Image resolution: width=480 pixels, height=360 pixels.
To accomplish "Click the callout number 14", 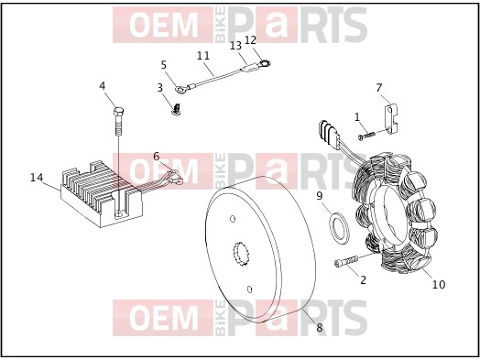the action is pyautogui.click(x=37, y=177).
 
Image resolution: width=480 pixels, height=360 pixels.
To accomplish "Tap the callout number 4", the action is pyautogui.click(x=103, y=86).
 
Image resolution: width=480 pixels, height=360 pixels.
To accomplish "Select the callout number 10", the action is pyautogui.click(x=439, y=285).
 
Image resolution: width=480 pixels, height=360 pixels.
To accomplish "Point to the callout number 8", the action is pyautogui.click(x=320, y=328).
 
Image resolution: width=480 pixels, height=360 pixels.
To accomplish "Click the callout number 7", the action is pyautogui.click(x=379, y=88).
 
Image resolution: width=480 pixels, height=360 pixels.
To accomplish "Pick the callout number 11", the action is pyautogui.click(x=203, y=56).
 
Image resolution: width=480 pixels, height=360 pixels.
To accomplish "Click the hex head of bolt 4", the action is pyautogui.click(x=118, y=111).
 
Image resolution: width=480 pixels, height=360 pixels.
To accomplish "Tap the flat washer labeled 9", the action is pyautogui.click(x=339, y=228).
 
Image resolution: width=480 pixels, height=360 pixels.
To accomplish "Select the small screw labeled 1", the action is pyautogui.click(x=366, y=136).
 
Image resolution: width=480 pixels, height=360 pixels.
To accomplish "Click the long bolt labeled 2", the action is pyautogui.click(x=346, y=262).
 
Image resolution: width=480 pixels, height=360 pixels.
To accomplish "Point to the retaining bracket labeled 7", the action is pyautogui.click(x=391, y=119).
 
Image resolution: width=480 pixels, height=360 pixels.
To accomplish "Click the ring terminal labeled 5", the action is pyautogui.click(x=180, y=89).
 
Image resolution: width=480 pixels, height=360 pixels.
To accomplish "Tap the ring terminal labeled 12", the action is pyautogui.click(x=264, y=64).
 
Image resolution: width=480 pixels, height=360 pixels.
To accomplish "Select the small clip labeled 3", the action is pyautogui.click(x=176, y=110).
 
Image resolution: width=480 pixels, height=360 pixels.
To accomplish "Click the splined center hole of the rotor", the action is pyautogui.click(x=240, y=254).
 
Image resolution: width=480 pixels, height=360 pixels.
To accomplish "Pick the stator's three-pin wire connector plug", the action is pyautogui.click(x=329, y=134).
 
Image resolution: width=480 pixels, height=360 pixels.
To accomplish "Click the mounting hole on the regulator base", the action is pyautogui.click(x=119, y=215).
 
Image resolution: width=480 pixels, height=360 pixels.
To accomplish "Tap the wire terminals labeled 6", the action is pyautogui.click(x=174, y=177).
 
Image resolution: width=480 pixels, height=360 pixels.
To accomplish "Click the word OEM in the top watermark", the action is pyautogui.click(x=163, y=26).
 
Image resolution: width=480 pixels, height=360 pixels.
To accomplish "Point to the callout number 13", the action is pyautogui.click(x=235, y=46).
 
